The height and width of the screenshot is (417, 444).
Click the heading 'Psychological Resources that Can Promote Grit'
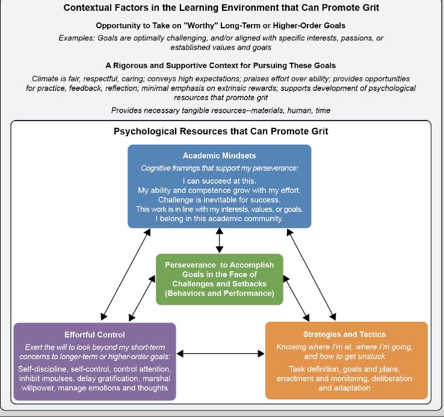[220, 131]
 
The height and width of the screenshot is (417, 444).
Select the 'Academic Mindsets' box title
[219, 155]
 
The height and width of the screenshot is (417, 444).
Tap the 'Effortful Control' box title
[94, 334]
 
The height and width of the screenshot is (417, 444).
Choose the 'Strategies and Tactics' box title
[345, 334]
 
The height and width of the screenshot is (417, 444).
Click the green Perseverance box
[219, 280]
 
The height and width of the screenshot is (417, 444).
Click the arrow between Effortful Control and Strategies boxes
[220, 354]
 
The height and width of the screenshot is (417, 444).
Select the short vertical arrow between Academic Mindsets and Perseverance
[219, 240]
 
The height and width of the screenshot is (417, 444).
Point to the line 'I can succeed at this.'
[219, 180]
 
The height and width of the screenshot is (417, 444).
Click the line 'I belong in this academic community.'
[219, 218]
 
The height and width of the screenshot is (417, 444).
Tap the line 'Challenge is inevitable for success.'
[219, 199]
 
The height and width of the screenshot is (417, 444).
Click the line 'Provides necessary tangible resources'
[220, 110]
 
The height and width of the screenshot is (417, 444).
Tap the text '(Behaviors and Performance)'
[219, 294]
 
